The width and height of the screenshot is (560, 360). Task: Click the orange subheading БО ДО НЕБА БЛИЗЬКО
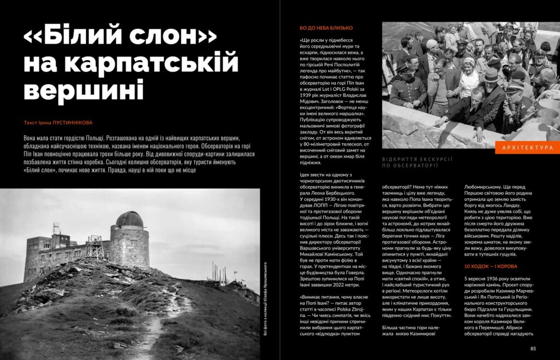click(326, 27)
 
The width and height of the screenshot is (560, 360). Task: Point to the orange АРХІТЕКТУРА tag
click(527, 148)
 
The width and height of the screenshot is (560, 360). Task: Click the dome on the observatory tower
click(130, 219)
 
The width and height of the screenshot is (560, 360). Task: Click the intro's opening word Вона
click(33, 138)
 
